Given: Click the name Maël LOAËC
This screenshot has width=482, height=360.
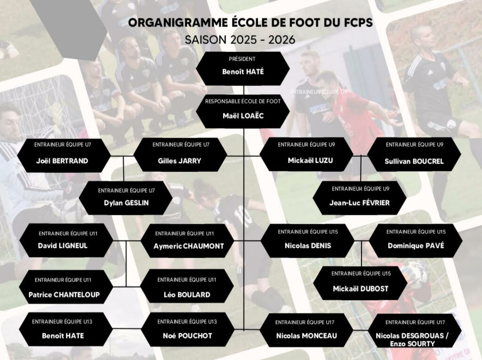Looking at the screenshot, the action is [x=243, y=116].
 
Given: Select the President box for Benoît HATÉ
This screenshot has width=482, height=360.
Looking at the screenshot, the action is [x=243, y=69].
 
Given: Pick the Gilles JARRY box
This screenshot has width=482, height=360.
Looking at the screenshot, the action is [x=180, y=155].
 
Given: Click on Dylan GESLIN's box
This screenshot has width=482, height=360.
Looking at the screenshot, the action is [x=126, y=198].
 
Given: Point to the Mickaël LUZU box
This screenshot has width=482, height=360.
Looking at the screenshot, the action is [x=306, y=154].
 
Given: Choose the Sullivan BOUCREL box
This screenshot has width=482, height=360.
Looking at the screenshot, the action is [x=414, y=154].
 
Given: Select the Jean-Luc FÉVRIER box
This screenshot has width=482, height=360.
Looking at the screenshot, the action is [x=360, y=198].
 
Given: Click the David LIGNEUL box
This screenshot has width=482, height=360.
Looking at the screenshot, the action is [x=66, y=240].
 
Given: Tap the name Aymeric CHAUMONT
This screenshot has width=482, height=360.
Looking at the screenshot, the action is [x=189, y=246].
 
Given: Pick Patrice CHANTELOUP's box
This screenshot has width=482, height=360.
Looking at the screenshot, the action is [x=66, y=287].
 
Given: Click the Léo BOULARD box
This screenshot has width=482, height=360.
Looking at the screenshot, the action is [x=187, y=286].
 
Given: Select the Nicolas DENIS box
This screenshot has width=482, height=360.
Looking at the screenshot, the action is [x=308, y=241].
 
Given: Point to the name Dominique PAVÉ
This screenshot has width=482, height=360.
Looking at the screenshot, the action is [x=416, y=246].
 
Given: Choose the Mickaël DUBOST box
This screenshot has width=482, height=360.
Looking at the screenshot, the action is [x=360, y=283].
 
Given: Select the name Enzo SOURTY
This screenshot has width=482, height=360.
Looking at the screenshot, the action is [x=412, y=344].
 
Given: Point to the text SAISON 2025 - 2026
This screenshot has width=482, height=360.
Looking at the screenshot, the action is [x=240, y=40].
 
